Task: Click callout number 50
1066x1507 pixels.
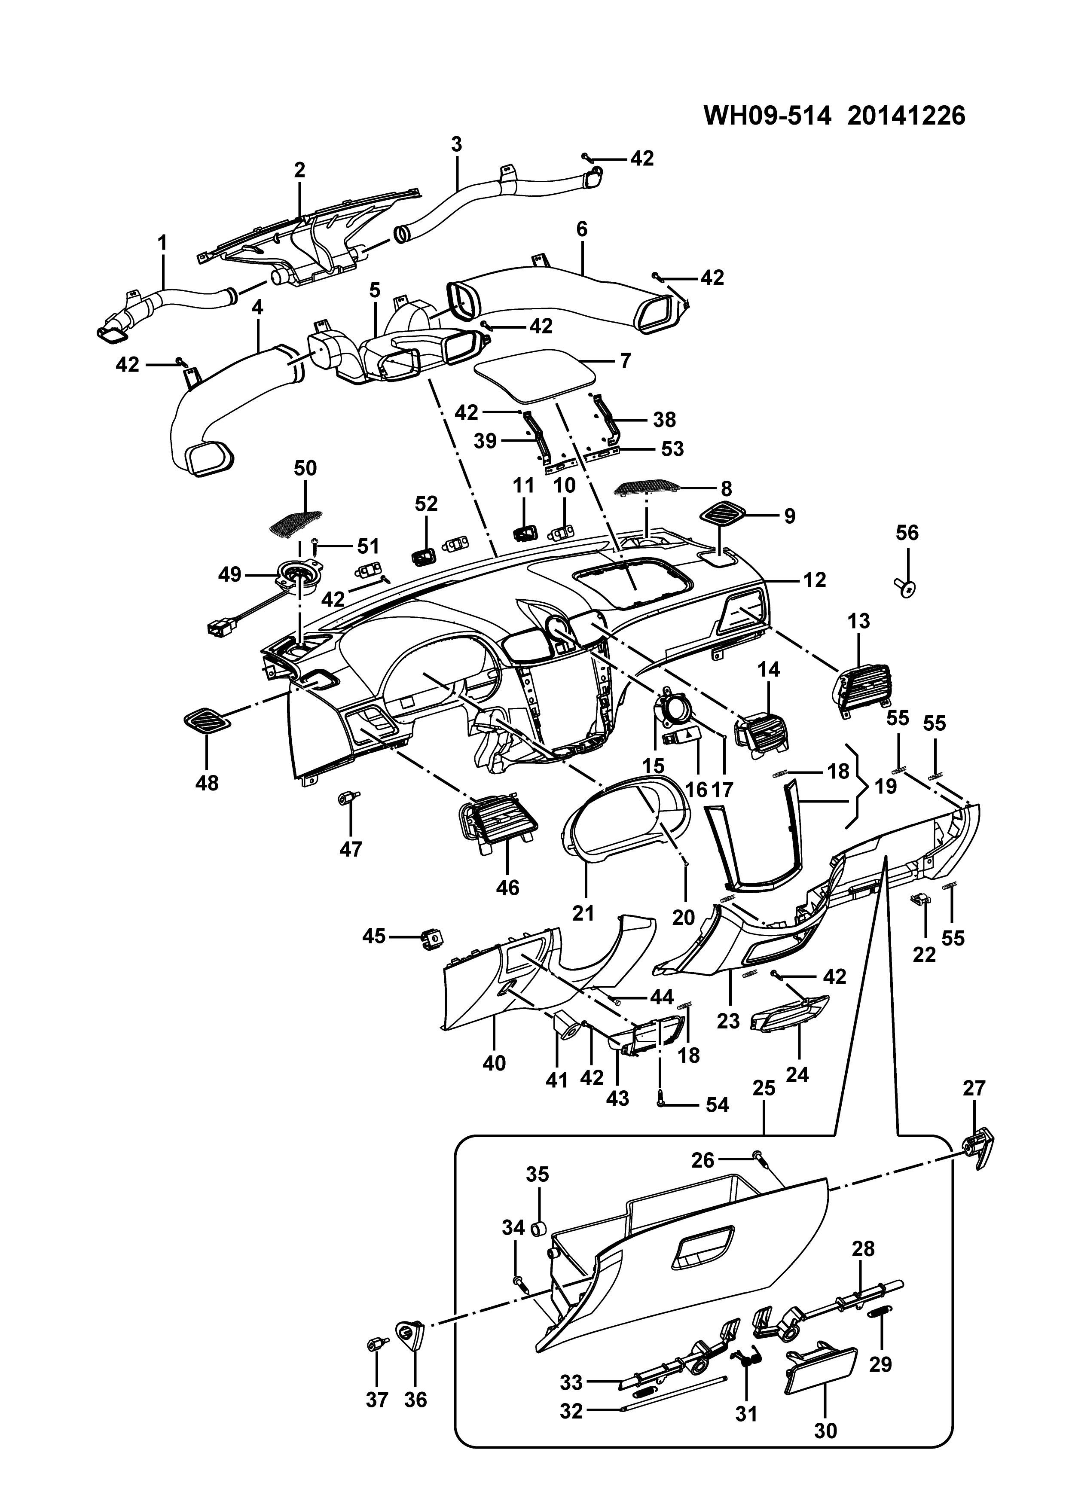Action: click(x=305, y=468)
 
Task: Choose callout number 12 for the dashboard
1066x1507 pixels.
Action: click(x=814, y=580)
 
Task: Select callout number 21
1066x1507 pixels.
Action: click(x=583, y=912)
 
